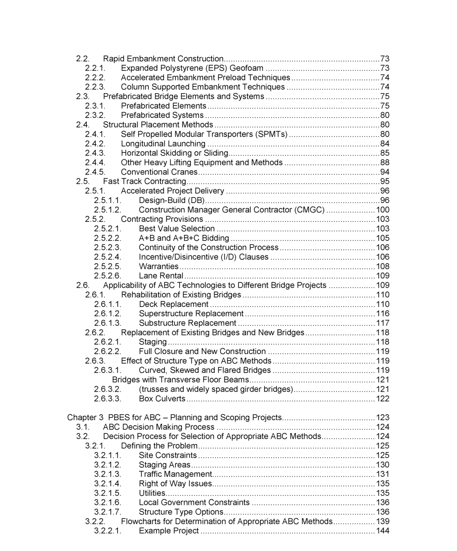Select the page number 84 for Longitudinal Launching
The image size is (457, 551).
384,144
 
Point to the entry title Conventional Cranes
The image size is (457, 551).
159,172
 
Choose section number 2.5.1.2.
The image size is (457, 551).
108,210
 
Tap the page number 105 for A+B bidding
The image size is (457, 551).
383,238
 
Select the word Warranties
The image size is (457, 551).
159,267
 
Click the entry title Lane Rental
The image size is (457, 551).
161,276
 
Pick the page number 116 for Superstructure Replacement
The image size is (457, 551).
383,314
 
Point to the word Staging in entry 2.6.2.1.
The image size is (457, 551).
153,342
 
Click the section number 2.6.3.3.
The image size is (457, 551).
108,399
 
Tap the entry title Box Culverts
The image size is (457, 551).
162,399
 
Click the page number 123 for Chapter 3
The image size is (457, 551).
383,418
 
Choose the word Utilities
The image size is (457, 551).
152,493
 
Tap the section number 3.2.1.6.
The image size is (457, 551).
108,503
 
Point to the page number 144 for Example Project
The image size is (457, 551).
383,531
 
